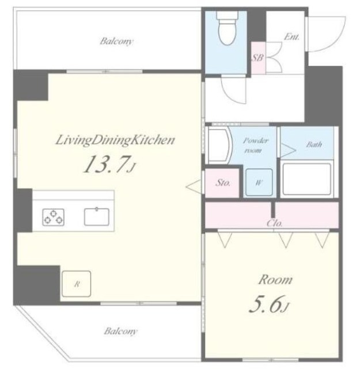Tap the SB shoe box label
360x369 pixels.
[258, 58]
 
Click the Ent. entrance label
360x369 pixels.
[291, 37]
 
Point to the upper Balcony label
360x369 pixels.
[116, 42]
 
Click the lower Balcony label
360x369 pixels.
[120, 331]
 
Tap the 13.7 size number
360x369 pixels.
[107, 164]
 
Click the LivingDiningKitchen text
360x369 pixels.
[115, 140]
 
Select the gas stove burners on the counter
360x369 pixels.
[54, 217]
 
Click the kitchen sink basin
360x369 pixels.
[97, 217]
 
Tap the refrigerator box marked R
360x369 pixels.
[77, 284]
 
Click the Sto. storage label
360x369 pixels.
[223, 183]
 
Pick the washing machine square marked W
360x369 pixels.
[259, 182]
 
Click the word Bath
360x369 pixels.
[314, 144]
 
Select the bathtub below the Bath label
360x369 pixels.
[307, 179]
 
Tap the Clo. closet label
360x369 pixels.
[274, 223]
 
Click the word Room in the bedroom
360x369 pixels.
[275, 280]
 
